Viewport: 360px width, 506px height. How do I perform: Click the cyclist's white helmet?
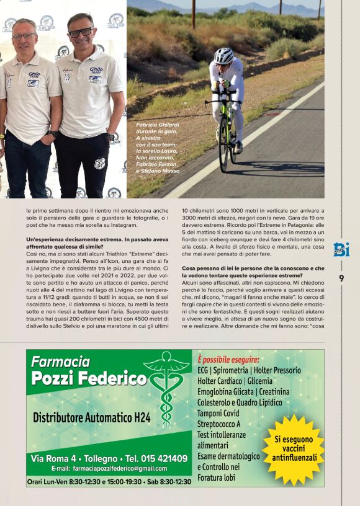223,56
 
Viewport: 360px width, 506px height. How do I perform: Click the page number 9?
341,278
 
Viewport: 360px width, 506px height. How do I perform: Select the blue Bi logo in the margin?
341,249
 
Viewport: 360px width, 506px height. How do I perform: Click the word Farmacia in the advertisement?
61,361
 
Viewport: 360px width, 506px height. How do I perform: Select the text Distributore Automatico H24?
92,417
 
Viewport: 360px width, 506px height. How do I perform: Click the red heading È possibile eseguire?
228,360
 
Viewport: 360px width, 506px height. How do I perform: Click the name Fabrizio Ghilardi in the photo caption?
157,125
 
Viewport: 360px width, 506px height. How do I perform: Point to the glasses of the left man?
24,36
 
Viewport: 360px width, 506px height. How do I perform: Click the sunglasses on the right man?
81,32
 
